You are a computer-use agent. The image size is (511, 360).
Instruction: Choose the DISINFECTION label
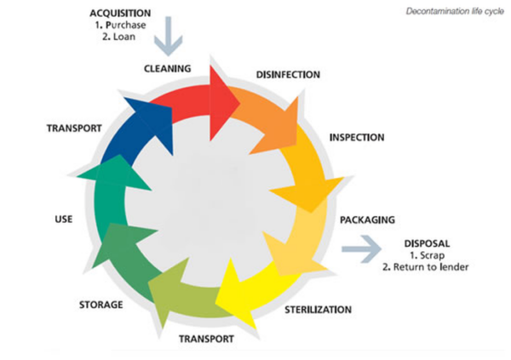288,75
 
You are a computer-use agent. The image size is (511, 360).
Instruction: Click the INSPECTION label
357,137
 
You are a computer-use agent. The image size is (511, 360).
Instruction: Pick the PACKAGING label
370,220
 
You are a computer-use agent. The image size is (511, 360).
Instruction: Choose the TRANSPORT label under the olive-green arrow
207,339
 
